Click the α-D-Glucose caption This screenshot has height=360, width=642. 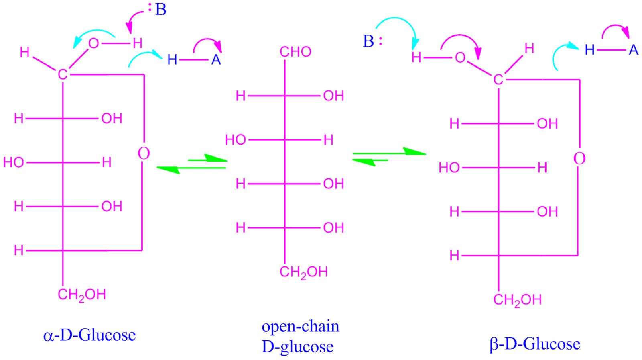pos(89,335)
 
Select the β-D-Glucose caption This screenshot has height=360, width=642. pos(534,344)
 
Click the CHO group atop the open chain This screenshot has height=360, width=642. pos(295,51)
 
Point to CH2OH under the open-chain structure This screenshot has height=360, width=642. pos(303,272)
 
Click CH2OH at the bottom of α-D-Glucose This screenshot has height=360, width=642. pos(81,295)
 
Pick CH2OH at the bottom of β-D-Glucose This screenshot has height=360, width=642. pos(517,300)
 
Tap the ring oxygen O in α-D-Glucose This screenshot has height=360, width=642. pos(144,153)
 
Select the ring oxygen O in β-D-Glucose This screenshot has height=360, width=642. pos(579,158)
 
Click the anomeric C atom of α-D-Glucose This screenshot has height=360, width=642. pos(63,74)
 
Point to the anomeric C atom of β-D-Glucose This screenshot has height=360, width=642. pos(498,79)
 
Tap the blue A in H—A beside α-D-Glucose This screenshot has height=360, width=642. pos(216,60)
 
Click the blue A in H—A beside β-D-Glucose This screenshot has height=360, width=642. pos(633,50)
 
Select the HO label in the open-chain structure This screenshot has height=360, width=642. pos(236,140)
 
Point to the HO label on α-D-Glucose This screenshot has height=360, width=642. pos(14,162)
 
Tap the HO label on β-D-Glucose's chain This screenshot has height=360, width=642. pos(449,167)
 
